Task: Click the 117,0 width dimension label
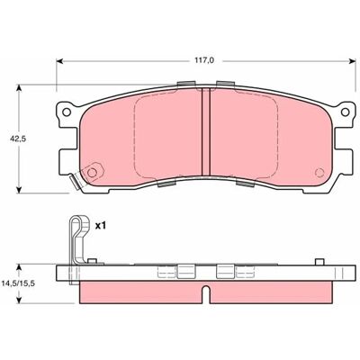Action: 205,60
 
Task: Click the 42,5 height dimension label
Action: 15,139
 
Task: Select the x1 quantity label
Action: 101,226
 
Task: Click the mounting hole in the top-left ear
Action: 67,112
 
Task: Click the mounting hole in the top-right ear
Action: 346,112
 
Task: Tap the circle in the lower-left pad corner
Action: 92,173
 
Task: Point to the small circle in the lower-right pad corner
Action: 319,173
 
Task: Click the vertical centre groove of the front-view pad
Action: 205,132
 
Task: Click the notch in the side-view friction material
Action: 206,292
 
